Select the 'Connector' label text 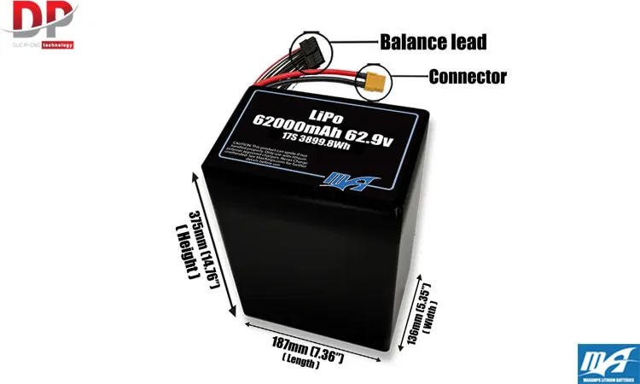(x=468, y=76)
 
